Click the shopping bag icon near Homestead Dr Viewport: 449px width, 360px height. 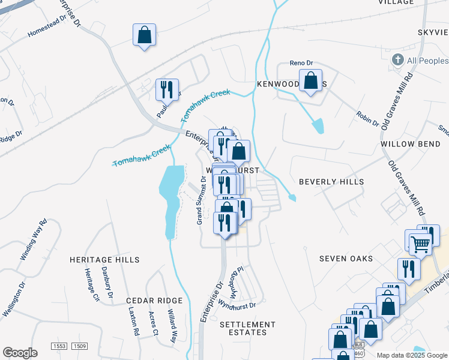pos(144,35)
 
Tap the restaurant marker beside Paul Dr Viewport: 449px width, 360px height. pos(167,90)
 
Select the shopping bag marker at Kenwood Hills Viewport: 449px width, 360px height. pos(311,81)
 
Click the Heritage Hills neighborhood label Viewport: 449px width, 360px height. pos(104,260)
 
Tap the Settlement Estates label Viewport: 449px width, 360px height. pos(247,328)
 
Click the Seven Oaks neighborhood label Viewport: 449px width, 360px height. pos(346,259)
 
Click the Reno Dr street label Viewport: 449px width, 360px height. pos(302,63)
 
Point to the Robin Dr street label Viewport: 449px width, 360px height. pos(367,119)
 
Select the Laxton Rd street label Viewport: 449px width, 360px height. pos(134,321)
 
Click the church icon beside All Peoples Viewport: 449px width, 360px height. pos(397,60)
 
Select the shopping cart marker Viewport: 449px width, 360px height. pos(421,244)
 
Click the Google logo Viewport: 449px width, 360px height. pos(20,353)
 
